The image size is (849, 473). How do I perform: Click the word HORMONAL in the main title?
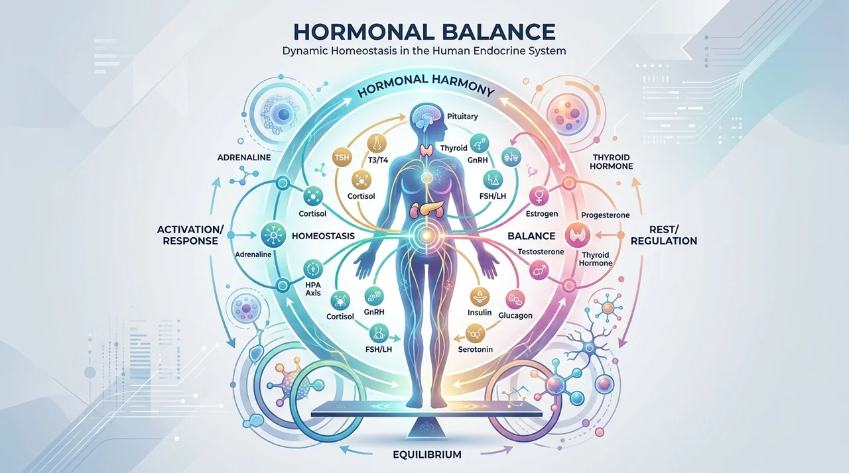[363, 32]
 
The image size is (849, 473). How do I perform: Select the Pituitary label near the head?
[462, 116]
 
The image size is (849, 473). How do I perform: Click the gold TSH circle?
[342, 158]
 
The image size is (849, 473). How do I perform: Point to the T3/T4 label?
[378, 160]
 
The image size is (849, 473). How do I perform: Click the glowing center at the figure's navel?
[426, 236]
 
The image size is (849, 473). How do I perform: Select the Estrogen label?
[542, 214]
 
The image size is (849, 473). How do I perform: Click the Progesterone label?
[606, 215]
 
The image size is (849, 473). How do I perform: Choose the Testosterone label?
[541, 252]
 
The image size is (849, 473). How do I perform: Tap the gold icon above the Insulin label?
[480, 297]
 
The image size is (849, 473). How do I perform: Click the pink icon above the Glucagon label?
[515, 299]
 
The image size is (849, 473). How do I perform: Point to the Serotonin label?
[476, 349]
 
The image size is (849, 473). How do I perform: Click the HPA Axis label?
[312, 289]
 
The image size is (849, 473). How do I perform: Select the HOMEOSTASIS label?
[323, 236]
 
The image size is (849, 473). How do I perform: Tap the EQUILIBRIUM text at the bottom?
[426, 454]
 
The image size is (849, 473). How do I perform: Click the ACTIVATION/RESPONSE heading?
[190, 235]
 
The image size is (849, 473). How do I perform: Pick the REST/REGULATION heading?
[664, 235]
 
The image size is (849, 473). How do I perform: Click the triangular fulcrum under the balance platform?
[425, 427]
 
